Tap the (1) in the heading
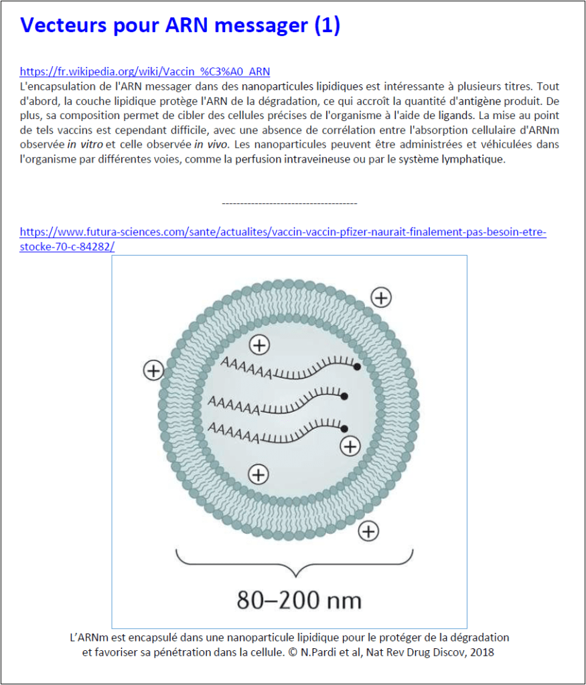[x=327, y=25]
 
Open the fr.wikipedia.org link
[x=145, y=72]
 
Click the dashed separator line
[x=289, y=203]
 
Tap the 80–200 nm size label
[x=299, y=599]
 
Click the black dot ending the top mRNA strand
[x=358, y=367]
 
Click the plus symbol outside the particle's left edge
[x=154, y=369]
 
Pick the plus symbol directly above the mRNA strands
[x=259, y=345]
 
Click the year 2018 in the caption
[x=480, y=652]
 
